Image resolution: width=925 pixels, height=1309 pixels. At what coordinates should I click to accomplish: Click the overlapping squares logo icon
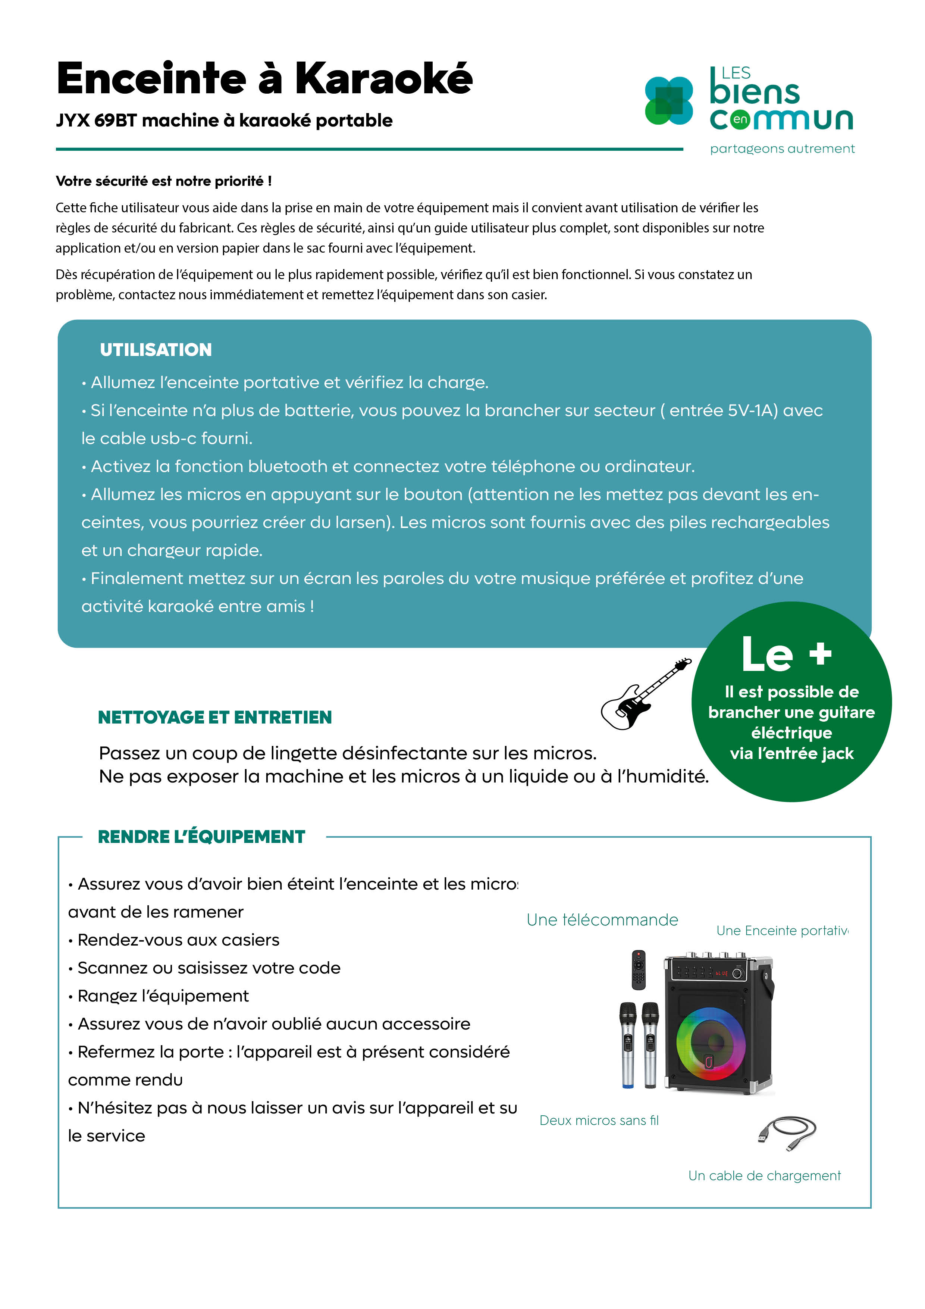[668, 101]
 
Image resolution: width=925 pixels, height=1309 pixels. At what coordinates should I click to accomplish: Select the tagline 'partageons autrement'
[782, 149]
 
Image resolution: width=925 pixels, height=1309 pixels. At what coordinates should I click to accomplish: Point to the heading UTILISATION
[156, 350]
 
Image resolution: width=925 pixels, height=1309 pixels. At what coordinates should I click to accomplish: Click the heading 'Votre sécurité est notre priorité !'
[164, 181]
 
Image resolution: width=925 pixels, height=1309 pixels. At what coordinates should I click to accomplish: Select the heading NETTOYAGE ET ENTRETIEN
[215, 717]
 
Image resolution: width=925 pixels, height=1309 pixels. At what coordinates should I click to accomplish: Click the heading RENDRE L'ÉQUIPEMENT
[202, 837]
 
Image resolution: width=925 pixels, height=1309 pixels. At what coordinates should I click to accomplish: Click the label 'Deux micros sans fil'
[599, 1121]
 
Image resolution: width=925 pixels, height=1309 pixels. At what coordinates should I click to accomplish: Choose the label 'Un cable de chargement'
[764, 1175]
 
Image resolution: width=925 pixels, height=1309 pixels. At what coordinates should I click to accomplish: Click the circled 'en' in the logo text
[740, 119]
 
